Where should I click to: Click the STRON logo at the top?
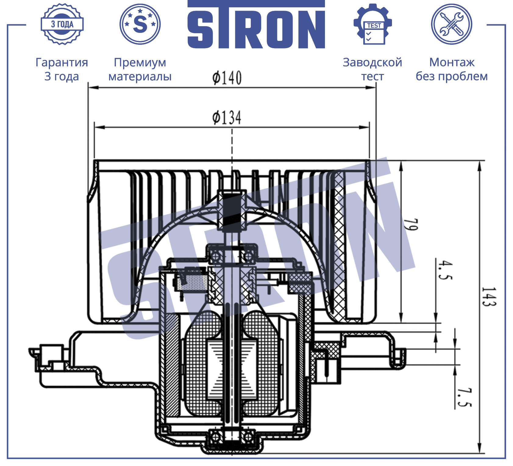(256, 24)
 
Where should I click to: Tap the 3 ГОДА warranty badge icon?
(62, 24)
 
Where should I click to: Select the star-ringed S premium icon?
(140, 24)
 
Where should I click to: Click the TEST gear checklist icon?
(372, 24)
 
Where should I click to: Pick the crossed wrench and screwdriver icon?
(451, 24)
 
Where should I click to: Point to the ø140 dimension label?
(227, 78)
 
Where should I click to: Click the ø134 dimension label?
(227, 118)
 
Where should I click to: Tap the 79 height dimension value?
(411, 224)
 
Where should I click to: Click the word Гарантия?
(62, 63)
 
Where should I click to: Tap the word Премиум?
(140, 63)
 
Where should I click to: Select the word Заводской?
(372, 62)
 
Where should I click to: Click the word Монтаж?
(452, 62)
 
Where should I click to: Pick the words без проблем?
(452, 76)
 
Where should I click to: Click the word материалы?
(140, 76)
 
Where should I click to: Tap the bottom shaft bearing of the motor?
(231, 437)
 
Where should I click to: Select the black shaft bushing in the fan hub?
(231, 210)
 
